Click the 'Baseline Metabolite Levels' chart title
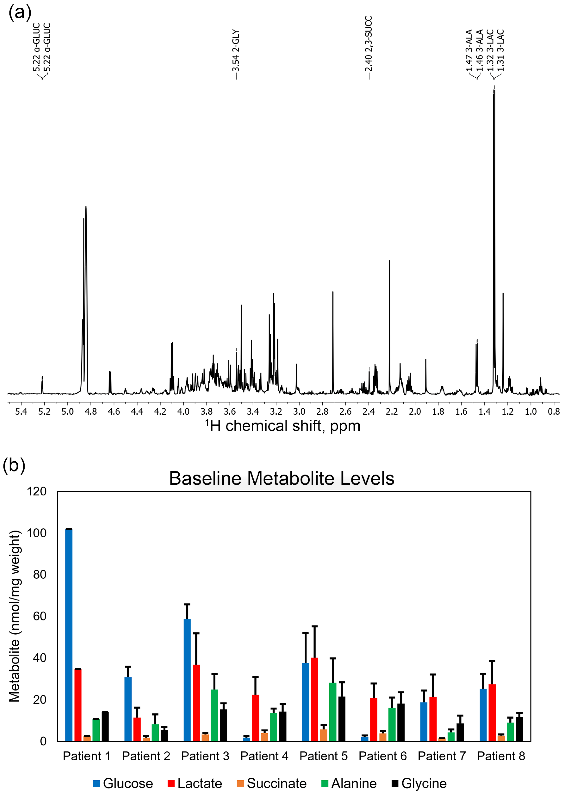[x=281, y=478]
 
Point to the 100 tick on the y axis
[x=36, y=533]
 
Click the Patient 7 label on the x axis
[x=442, y=756]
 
